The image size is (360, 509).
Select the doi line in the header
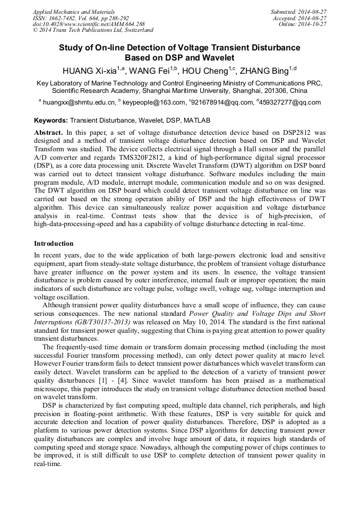point(89,24)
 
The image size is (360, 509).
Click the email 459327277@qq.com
point(290,102)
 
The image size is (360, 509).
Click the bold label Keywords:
point(51,120)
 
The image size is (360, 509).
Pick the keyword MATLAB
point(198,120)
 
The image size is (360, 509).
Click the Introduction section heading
point(54,244)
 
